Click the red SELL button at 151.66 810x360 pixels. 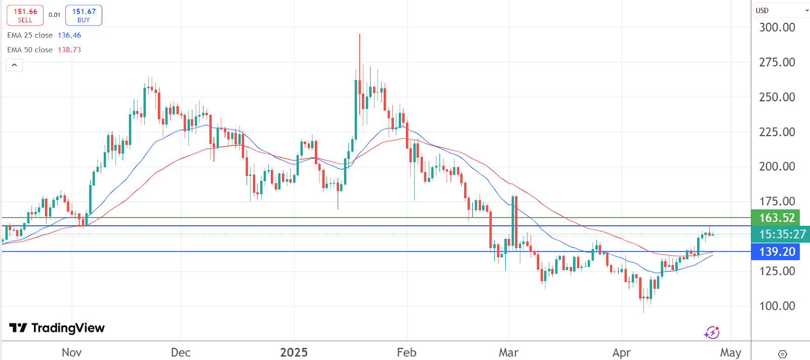(25, 15)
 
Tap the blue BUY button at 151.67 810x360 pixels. (84, 15)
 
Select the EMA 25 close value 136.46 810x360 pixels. (69, 35)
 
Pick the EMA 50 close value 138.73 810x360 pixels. (69, 50)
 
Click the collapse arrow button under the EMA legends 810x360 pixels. (14, 65)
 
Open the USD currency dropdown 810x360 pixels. (782, 10)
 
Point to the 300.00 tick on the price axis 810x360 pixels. (777, 27)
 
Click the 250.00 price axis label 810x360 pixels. (777, 97)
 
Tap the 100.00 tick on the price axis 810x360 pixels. (777, 306)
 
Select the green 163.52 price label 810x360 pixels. (777, 218)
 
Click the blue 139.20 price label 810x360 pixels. (777, 252)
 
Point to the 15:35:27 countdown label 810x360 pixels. (782, 234)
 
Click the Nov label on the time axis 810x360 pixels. (71, 352)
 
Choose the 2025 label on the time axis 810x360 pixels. (294, 352)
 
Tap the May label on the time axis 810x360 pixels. (730, 352)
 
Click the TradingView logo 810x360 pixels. (57, 328)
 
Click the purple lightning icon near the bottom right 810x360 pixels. (712, 333)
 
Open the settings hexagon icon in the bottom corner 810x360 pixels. (782, 353)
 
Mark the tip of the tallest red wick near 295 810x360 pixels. (359, 34)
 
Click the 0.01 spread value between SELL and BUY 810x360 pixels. (54, 15)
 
